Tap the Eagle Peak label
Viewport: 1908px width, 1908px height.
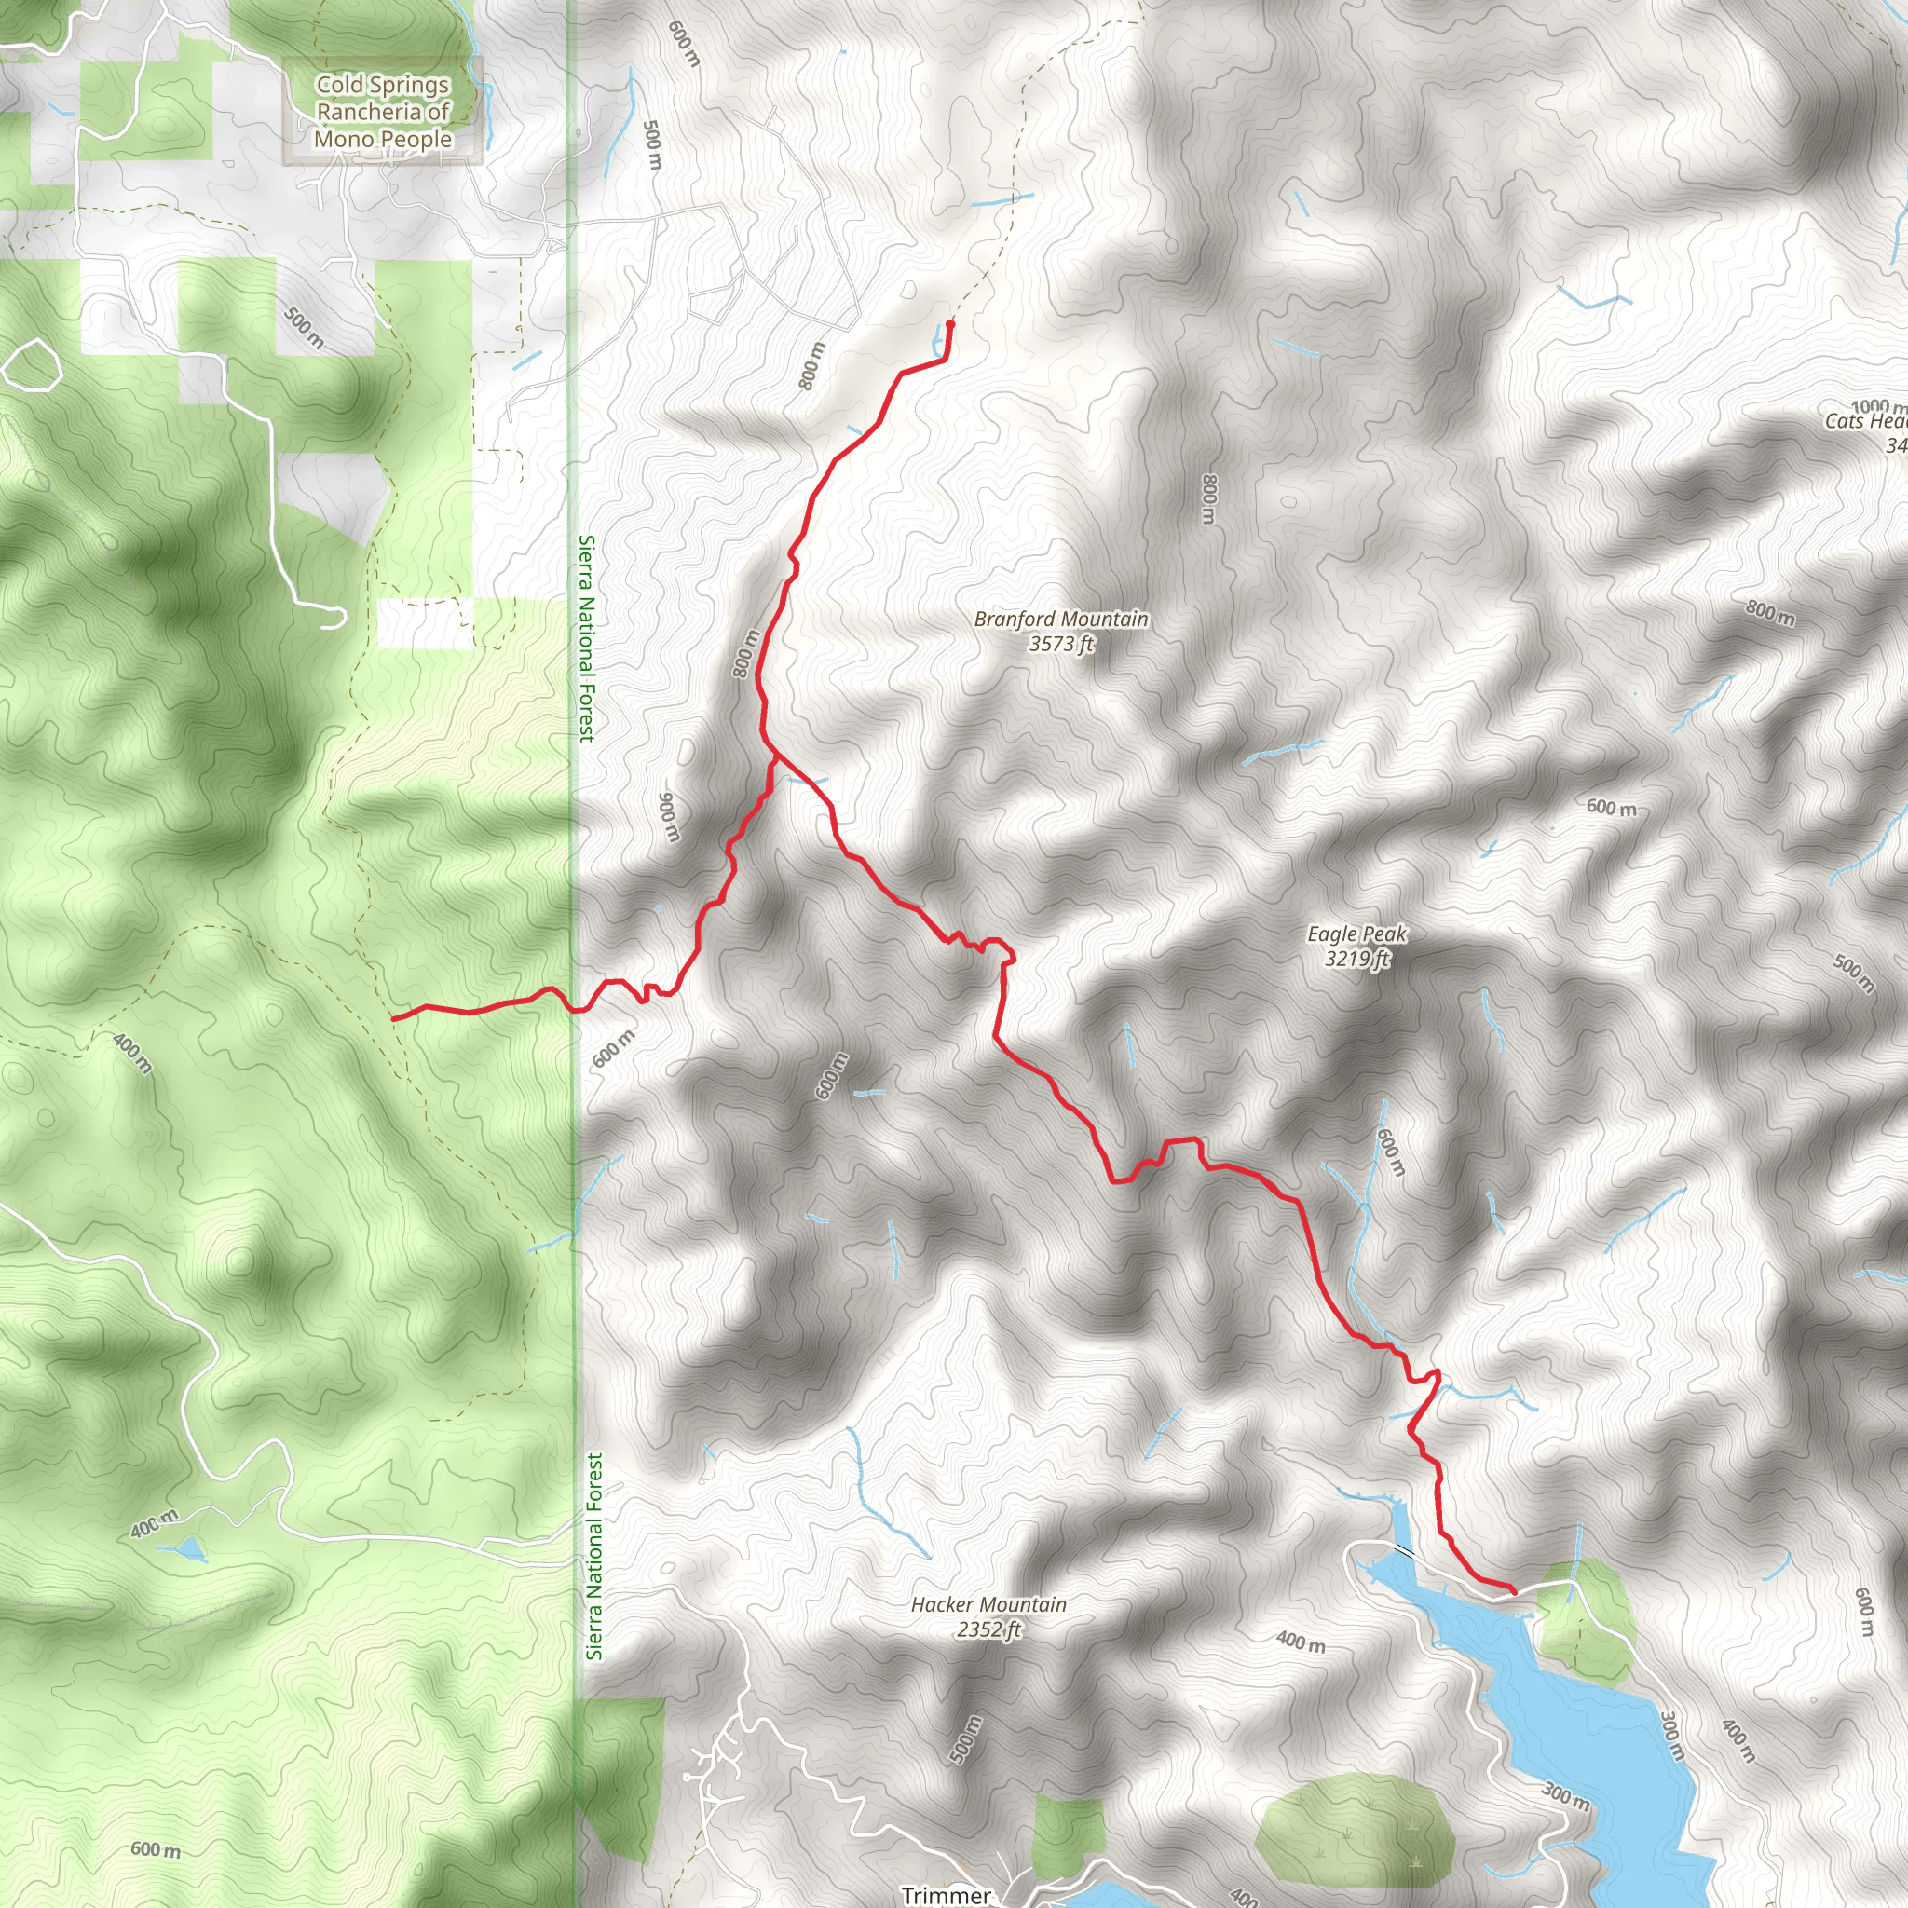(x=1356, y=934)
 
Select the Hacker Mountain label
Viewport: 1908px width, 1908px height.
(x=988, y=1605)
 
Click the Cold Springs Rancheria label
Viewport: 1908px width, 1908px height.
(x=383, y=112)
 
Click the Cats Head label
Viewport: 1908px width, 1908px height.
(x=1865, y=422)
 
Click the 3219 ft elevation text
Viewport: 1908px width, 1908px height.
(x=1356, y=959)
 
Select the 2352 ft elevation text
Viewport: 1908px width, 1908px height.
(x=988, y=1629)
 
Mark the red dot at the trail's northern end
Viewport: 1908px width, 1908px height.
(x=950, y=324)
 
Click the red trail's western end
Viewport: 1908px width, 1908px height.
(x=394, y=1018)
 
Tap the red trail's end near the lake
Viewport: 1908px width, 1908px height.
(x=1513, y=1591)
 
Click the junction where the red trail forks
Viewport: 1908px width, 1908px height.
(x=774, y=756)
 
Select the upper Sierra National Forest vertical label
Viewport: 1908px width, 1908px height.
(x=587, y=638)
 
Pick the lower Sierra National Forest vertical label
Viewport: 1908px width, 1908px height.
(x=593, y=1556)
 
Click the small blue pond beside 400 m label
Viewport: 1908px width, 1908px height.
(x=191, y=1548)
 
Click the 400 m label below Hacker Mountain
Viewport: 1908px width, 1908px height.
(x=1300, y=1643)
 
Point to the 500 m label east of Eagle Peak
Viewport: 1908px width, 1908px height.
(x=1854, y=974)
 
